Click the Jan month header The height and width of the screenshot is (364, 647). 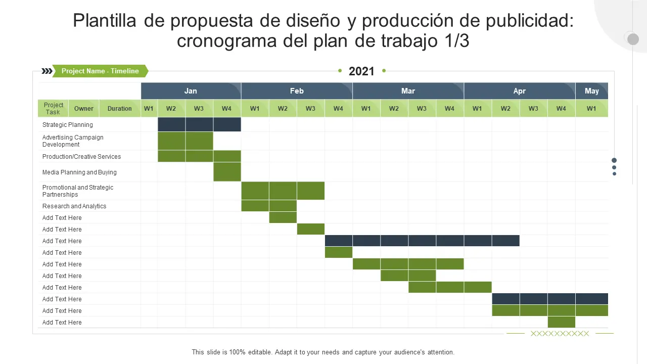pyautogui.click(x=191, y=91)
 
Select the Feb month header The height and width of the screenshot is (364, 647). pyautogui.click(x=297, y=91)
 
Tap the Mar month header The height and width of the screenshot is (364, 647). pyautogui.click(x=408, y=91)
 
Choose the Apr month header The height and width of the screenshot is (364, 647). pyautogui.click(x=519, y=91)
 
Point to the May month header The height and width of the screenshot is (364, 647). pyautogui.click(x=591, y=91)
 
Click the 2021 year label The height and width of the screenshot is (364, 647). pyautogui.click(x=361, y=71)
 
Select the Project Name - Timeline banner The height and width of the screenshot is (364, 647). pyautogui.click(x=100, y=71)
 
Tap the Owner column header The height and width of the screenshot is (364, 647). pyautogui.click(x=84, y=108)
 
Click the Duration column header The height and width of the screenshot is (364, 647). pyautogui.click(x=120, y=108)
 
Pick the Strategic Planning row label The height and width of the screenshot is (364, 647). pyautogui.click(x=68, y=125)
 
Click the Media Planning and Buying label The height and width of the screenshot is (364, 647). pyautogui.click(x=79, y=172)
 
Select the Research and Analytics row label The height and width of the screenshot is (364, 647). pyautogui.click(x=74, y=206)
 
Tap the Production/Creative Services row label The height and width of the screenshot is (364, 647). pyautogui.click(x=81, y=157)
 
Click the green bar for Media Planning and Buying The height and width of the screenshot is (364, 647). pyautogui.click(x=227, y=172)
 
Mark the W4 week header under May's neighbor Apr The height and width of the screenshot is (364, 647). pyautogui.click(x=561, y=108)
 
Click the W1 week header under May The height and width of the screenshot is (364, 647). pyautogui.click(x=591, y=108)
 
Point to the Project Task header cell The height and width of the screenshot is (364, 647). pyautogui.click(x=53, y=108)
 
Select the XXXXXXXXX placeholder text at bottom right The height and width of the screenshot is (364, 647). pyautogui.click(x=560, y=334)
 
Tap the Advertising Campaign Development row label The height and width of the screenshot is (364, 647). pyautogui.click(x=73, y=141)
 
